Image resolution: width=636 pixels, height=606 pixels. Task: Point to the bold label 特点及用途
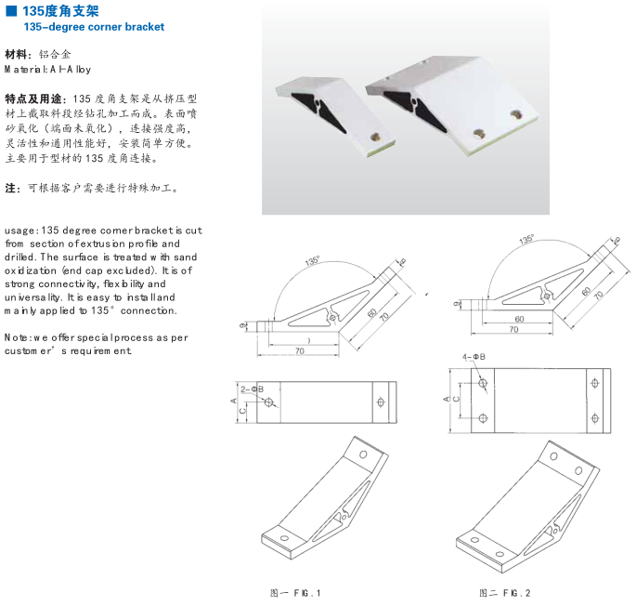click(x=34, y=99)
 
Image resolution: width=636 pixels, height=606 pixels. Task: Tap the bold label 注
click(x=12, y=188)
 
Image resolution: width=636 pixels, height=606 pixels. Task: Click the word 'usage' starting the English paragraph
click(x=20, y=230)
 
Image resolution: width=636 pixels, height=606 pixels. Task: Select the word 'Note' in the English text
click(x=18, y=337)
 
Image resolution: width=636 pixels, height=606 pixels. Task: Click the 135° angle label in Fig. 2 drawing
click(x=526, y=240)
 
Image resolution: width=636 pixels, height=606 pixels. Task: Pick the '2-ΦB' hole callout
click(x=252, y=389)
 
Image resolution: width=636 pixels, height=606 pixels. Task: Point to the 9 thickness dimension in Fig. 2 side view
click(x=457, y=303)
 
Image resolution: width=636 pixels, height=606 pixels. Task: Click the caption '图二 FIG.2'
click(x=504, y=592)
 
